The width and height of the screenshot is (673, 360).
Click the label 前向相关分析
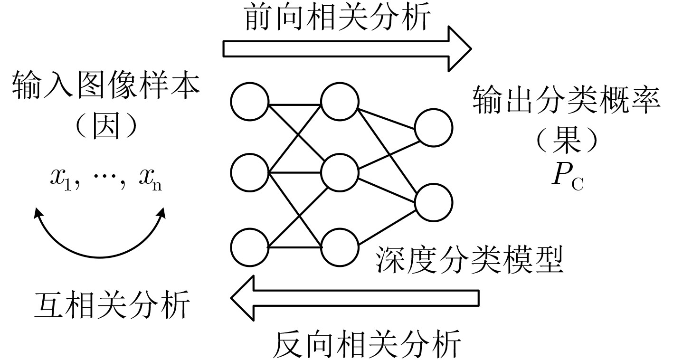click(x=338, y=18)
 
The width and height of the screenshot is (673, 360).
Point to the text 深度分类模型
click(x=469, y=260)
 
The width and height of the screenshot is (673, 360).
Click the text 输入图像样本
click(x=105, y=86)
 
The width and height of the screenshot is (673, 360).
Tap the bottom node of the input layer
click(x=250, y=247)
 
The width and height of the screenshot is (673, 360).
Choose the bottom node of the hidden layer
click(x=340, y=247)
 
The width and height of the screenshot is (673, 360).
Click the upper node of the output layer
click(x=433, y=127)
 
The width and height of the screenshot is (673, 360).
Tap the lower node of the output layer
click(x=433, y=202)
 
